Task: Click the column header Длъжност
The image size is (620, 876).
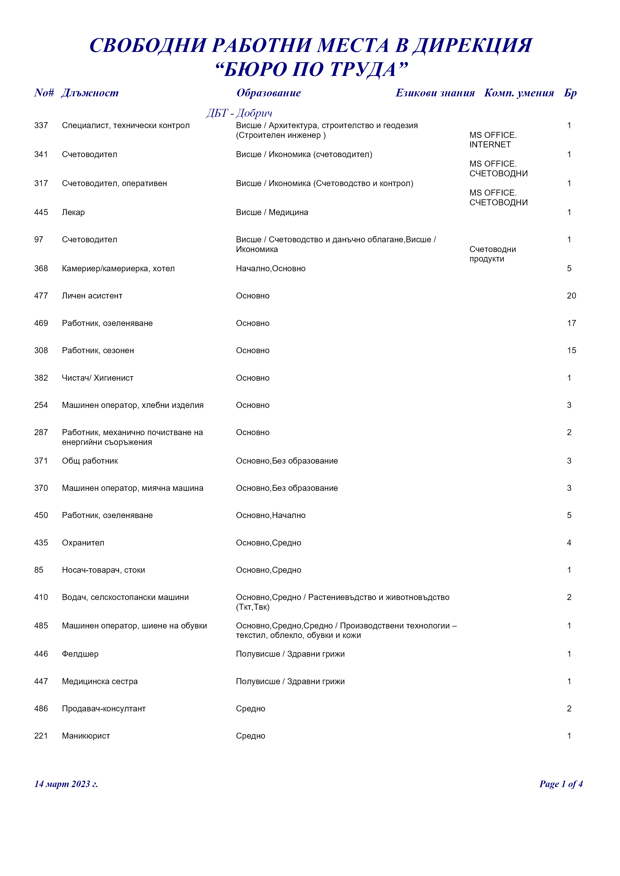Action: pos(90,93)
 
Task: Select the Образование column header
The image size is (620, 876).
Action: pos(268,93)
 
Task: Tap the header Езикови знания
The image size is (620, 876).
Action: pos(435,93)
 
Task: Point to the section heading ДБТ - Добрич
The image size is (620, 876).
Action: pos(239,113)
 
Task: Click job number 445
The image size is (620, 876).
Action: pos(41,213)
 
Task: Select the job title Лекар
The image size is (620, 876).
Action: pos(73,213)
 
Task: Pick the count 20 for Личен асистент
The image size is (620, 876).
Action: pos(571,296)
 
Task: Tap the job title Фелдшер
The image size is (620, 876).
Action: pos(80,654)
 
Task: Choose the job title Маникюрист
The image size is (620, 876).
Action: pos(86,736)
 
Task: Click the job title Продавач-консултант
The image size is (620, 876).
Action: pos(104,708)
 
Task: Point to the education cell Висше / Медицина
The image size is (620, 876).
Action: pos(272,213)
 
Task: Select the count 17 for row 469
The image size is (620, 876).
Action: pos(571,323)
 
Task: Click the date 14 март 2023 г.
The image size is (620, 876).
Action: pos(66,784)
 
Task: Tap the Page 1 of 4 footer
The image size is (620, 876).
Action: pos(560,784)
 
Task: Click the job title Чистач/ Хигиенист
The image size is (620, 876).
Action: pos(98,378)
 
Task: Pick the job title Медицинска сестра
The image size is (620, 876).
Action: pos(100,681)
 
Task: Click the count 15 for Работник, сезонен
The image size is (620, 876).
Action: pos(571,351)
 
